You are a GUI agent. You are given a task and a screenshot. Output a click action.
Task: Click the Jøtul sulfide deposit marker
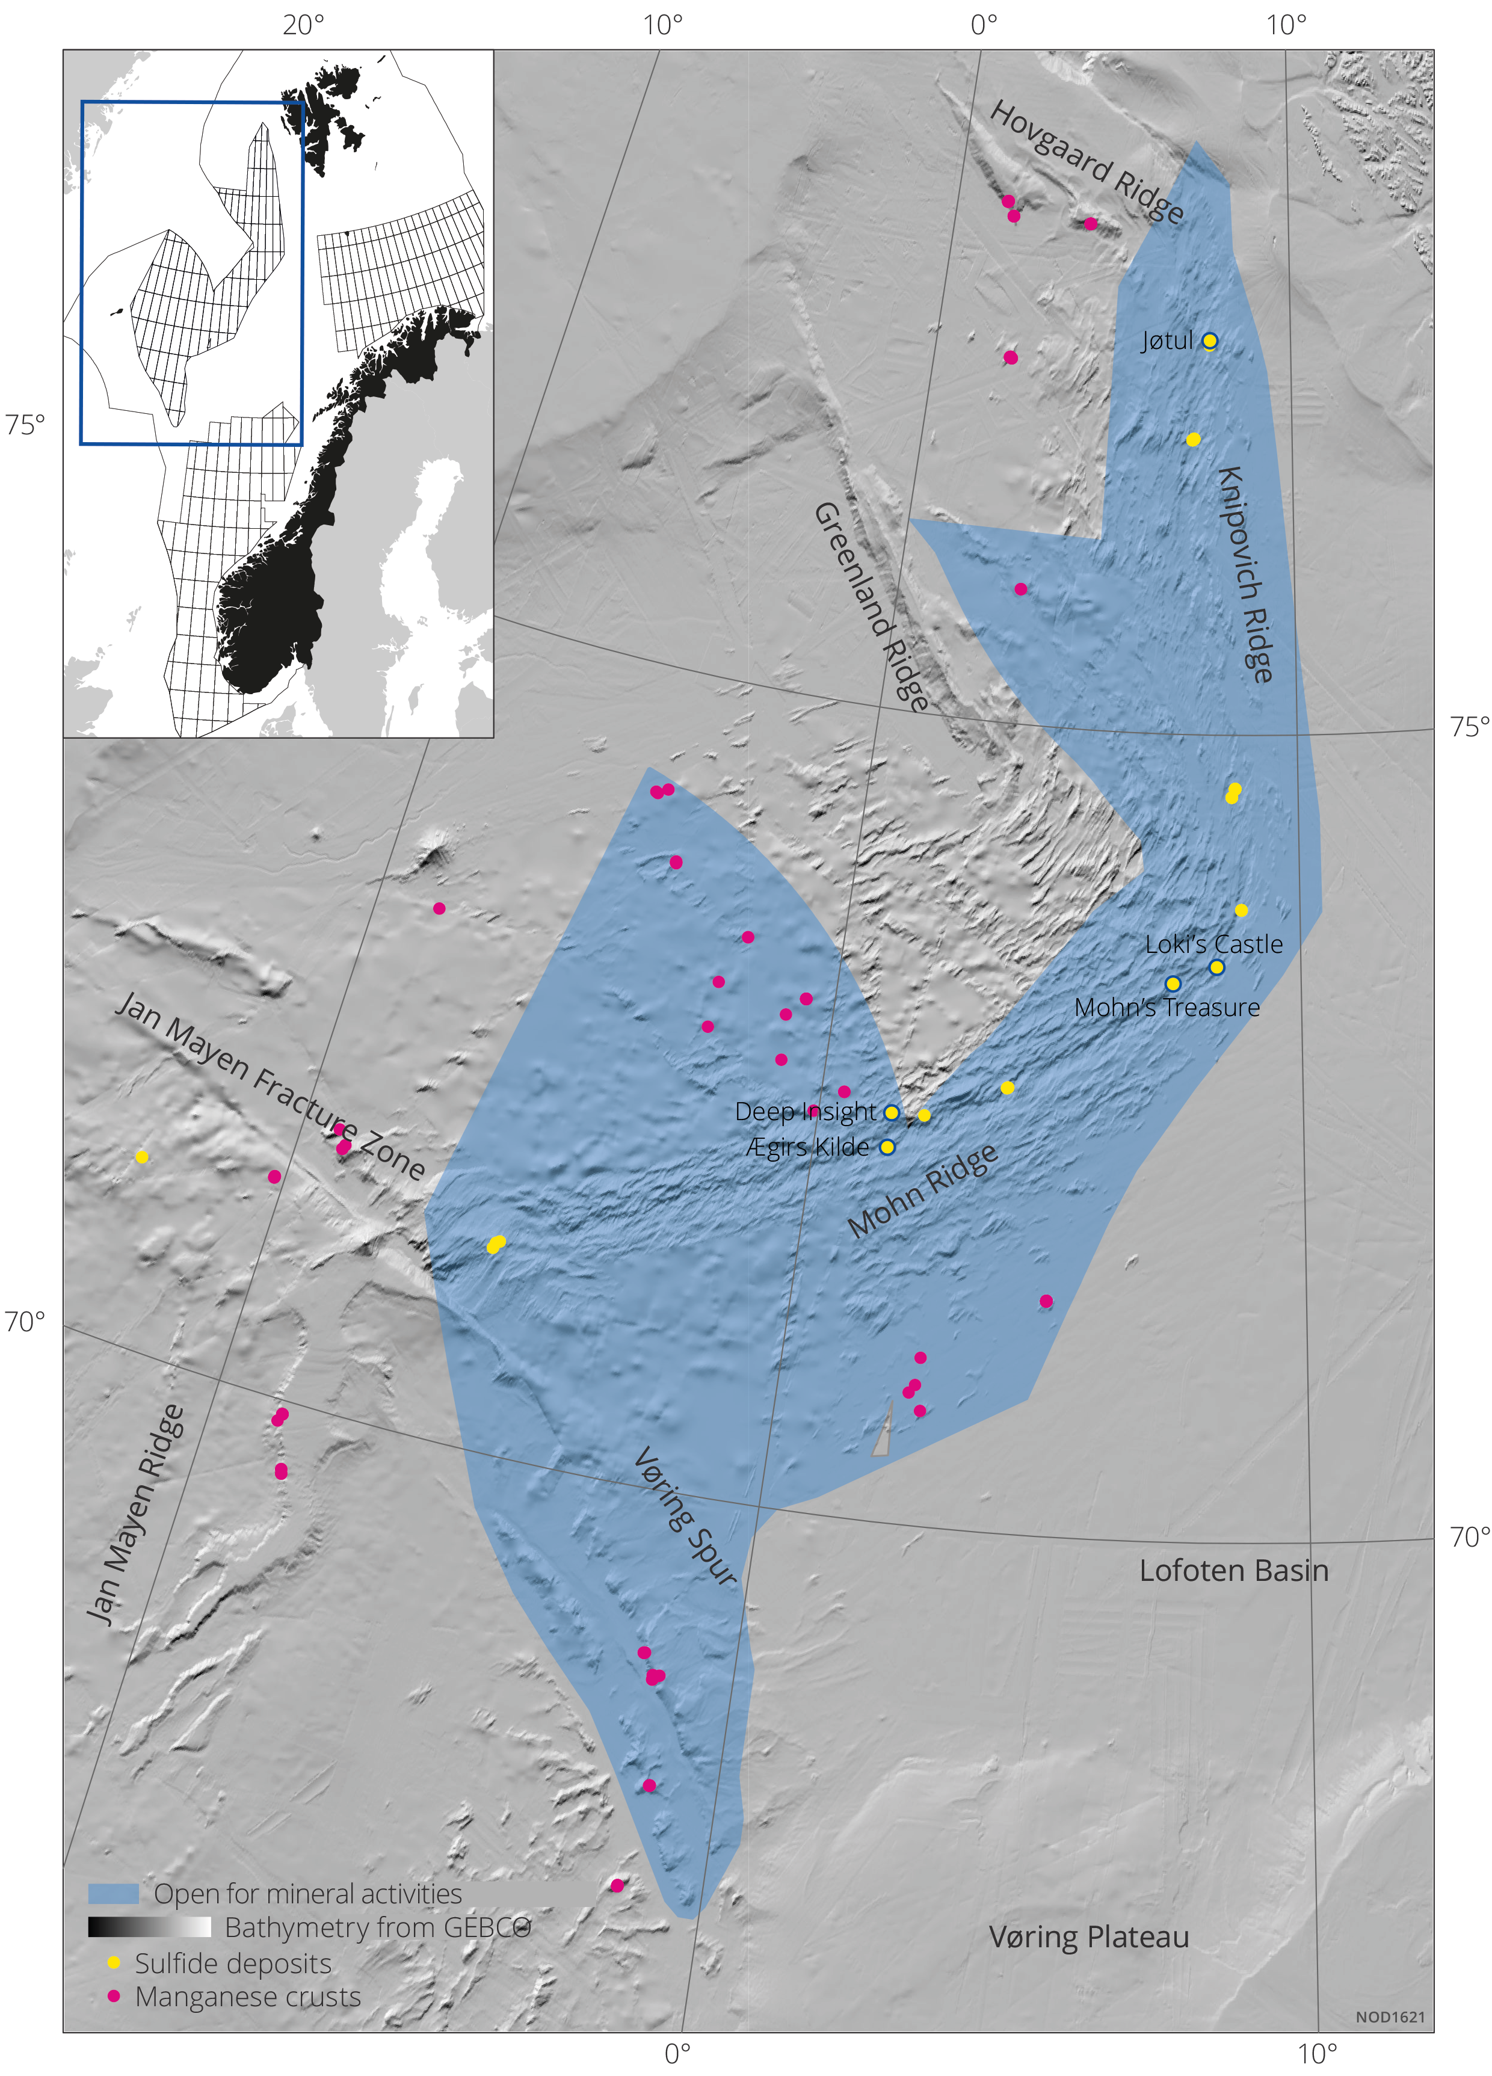pos(1209,340)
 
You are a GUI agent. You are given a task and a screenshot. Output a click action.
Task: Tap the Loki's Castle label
pos(1213,944)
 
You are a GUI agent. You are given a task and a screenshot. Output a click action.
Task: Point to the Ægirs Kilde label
pos(807,1147)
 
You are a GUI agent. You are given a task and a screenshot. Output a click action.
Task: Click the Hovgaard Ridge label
pos(1087,161)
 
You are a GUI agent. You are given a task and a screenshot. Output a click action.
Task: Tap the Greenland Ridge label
pos(871,606)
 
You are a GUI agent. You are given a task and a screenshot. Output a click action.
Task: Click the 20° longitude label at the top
pos(302,25)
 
